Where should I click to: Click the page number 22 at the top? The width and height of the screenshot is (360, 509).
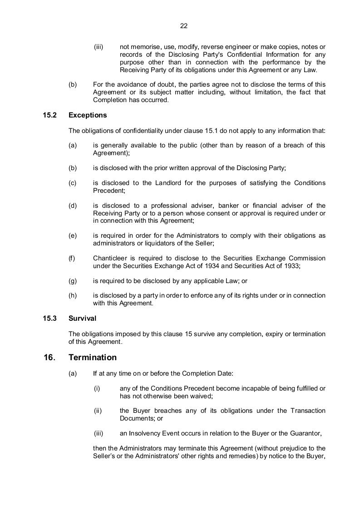coord(184,26)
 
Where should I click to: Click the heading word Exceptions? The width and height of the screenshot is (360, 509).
coord(88,115)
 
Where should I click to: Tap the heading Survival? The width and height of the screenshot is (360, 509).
coord(82,318)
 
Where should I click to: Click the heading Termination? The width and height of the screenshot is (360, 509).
coord(93,357)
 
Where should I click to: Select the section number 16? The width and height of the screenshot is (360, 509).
coord(49,357)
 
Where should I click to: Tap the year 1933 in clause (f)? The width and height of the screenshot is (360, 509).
coord(291,266)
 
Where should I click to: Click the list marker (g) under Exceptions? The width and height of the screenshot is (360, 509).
coord(73,281)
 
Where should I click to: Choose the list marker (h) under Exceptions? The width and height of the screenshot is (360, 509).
coord(73,295)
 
